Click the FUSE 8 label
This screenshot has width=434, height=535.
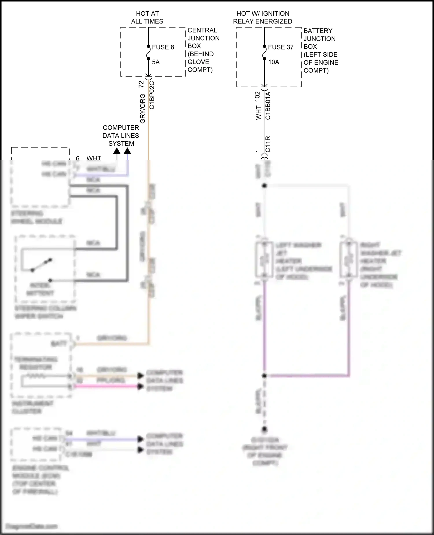click(163, 47)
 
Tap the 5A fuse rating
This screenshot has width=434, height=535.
click(156, 62)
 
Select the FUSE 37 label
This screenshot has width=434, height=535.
click(281, 47)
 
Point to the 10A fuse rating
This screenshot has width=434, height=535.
click(273, 62)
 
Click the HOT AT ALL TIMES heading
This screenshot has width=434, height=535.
click(147, 17)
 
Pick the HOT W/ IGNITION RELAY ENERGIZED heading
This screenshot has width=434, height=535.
click(262, 17)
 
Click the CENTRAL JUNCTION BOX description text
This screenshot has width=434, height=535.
click(203, 50)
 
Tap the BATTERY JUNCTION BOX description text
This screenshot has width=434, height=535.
click(321, 50)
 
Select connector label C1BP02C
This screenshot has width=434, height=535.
click(152, 95)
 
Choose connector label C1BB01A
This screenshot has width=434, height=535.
click(268, 105)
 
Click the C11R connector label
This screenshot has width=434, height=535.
click(268, 144)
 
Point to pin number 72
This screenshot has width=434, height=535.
click(141, 84)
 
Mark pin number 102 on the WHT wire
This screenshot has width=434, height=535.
click(257, 97)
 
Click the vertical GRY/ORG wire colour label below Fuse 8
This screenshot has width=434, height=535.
click(142, 108)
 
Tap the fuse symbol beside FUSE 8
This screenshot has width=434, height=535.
click(148, 52)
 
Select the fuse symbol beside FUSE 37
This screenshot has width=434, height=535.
click(264, 52)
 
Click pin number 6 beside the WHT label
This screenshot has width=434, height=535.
click(78, 158)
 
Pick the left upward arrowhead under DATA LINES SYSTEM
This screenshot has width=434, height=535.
click(117, 151)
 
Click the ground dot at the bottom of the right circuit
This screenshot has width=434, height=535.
click(264, 429)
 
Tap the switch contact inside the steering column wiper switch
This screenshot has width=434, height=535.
click(41, 265)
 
